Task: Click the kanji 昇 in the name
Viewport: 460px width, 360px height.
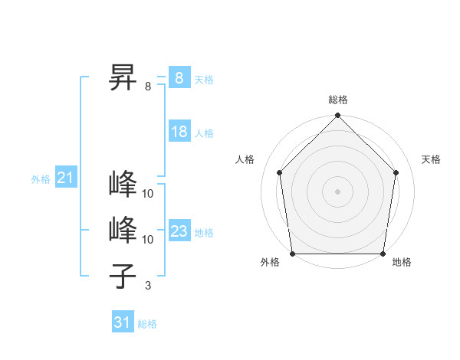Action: [123, 77]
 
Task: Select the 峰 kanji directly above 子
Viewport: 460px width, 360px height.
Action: [123, 230]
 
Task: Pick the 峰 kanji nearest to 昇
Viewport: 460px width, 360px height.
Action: [123, 185]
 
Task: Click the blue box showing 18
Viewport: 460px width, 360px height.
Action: [179, 132]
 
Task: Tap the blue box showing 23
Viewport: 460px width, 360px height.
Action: [179, 231]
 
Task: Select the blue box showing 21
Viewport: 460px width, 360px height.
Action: [65, 178]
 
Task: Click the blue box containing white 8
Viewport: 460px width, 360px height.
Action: [179, 77]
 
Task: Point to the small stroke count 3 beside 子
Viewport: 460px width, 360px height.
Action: [148, 286]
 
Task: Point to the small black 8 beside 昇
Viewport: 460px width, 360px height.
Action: [148, 87]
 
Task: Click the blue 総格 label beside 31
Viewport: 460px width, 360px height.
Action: [147, 324]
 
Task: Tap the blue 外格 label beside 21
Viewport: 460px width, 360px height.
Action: [41, 180]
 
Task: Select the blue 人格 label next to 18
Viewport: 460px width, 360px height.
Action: [204, 133]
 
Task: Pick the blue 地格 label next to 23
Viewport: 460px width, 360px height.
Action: [204, 233]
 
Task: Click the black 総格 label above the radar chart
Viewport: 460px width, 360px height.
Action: [337, 100]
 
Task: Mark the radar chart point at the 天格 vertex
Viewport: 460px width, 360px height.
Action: [396, 172]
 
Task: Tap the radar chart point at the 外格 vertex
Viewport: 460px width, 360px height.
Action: [292, 254]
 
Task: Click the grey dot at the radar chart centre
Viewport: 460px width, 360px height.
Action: [337, 191]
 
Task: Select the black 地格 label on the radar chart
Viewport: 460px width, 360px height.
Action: [402, 263]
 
